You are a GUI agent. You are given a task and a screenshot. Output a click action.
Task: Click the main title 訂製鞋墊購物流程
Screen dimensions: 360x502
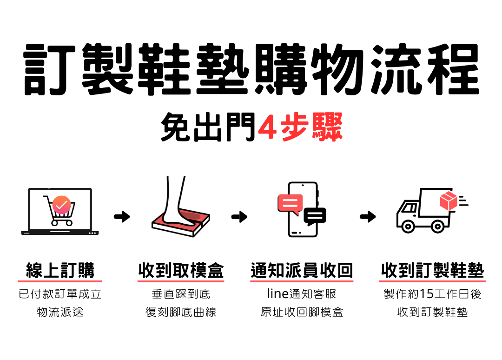tap(251, 70)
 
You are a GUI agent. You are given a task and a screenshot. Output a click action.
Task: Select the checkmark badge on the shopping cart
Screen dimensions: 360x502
tap(61, 205)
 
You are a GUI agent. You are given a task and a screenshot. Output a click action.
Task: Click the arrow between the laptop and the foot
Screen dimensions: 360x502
tap(122, 217)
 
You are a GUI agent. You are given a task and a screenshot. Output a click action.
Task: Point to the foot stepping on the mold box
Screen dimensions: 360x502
tap(177, 205)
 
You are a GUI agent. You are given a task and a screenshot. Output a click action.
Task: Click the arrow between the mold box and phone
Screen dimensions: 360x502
tap(239, 217)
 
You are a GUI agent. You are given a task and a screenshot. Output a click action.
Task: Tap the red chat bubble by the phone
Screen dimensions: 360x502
tap(290, 204)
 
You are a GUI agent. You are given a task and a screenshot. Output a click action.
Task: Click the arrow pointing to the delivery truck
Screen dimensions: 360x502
tap(368, 217)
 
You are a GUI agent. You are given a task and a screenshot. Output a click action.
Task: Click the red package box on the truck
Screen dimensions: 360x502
tap(449, 200)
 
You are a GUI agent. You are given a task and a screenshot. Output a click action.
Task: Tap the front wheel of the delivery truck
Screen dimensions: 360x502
tap(408, 227)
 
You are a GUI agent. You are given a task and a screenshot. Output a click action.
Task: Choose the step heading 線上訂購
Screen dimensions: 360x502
tap(60, 270)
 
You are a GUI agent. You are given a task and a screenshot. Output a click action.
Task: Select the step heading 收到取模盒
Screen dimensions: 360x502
tap(181, 270)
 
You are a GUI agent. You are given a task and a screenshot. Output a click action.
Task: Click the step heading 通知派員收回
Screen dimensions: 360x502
tap(302, 270)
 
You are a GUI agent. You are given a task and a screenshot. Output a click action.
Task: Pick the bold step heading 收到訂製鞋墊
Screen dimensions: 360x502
tap(432, 270)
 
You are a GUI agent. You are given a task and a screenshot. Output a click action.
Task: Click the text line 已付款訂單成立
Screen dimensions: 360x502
tap(60, 294)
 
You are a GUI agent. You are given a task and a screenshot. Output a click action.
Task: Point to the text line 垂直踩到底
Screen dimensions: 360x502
tap(181, 294)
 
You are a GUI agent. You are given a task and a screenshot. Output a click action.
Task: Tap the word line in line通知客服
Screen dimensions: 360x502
tap(278, 294)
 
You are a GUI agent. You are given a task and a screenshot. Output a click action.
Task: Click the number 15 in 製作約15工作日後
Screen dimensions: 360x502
tap(426, 294)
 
